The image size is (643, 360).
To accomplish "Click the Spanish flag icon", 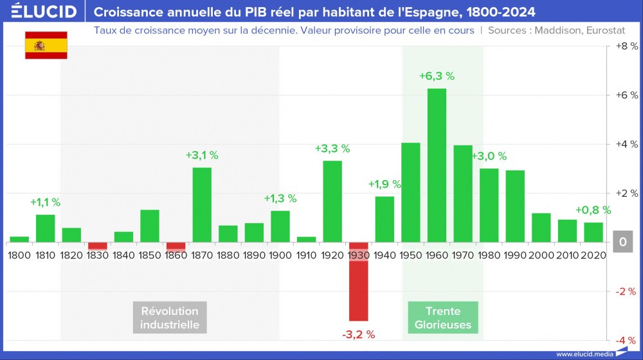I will [46, 45].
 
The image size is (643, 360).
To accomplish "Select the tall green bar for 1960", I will [437, 165].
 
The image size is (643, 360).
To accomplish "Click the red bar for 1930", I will [358, 281].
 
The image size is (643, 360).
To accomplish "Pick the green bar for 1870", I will [202, 204].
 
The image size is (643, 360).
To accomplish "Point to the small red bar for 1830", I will [98, 246].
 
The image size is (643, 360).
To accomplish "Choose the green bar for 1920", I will [332, 201].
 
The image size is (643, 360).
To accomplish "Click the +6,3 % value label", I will [437, 76].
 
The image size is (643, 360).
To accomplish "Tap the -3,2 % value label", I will [358, 334].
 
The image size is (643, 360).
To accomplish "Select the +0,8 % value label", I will [593, 210].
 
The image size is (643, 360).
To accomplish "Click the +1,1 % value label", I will [45, 202].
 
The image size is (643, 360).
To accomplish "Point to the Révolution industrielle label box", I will [170, 318].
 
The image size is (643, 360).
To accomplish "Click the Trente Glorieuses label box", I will [442, 318].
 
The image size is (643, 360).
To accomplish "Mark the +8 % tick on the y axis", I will [626, 46].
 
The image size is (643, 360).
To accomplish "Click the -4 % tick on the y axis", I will [626, 340].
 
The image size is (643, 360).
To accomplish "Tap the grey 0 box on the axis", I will [623, 243].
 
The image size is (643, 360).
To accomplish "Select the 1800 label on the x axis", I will [19, 255].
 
